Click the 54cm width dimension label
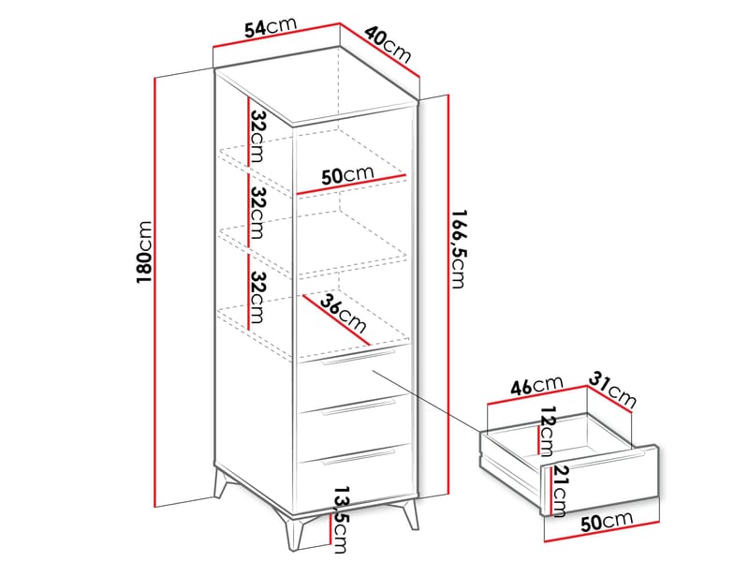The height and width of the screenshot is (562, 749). pyautogui.click(x=271, y=27)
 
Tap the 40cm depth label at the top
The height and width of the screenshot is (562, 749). pyautogui.click(x=388, y=44)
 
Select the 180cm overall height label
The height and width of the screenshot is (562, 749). pyautogui.click(x=144, y=252)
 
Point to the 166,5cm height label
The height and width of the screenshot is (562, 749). pyautogui.click(x=459, y=249)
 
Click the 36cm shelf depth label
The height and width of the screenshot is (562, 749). pyautogui.click(x=343, y=314)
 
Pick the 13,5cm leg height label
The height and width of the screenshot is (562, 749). pyautogui.click(x=340, y=520)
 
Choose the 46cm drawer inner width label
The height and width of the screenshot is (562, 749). pyautogui.click(x=536, y=385)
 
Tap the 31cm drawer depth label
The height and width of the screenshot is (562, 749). pyautogui.click(x=612, y=390)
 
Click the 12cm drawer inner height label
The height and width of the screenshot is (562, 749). pyautogui.click(x=546, y=431)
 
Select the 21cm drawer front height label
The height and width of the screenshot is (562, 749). pyautogui.click(x=559, y=492)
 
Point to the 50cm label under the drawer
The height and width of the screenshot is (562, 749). pyautogui.click(x=607, y=521)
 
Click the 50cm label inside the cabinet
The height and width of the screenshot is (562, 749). pyautogui.click(x=347, y=175)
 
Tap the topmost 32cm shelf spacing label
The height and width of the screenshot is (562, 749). pyautogui.click(x=257, y=136)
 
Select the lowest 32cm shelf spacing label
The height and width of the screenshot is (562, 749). pyautogui.click(x=257, y=297)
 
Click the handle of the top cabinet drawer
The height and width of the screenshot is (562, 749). pyautogui.click(x=359, y=358)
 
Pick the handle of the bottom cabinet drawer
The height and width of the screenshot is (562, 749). pyautogui.click(x=359, y=456)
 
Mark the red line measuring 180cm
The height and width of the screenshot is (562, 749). pyautogui.click(x=154, y=292)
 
